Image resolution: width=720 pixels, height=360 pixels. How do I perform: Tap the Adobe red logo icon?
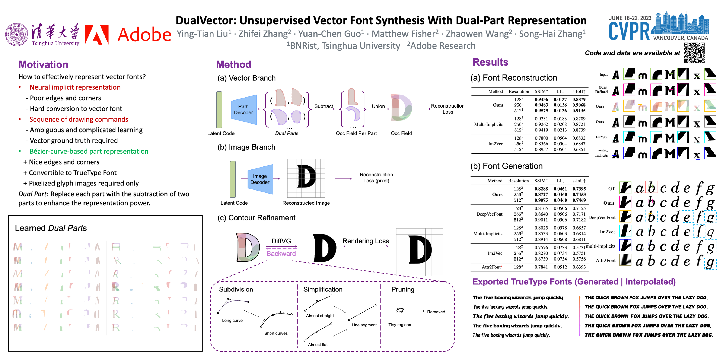pos(96,35)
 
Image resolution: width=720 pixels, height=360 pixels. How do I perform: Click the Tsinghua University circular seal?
pos(17,35)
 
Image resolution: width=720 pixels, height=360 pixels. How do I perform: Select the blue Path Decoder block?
pos(243,109)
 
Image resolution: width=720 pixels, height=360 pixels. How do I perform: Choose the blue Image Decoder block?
pos(260,179)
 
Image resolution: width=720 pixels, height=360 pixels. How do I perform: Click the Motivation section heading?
pos(43,65)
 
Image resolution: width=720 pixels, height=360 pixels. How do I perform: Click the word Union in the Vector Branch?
pos(378,106)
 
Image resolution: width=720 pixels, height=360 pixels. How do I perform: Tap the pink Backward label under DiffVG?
pos(281,254)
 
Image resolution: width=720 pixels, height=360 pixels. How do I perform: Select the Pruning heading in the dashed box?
pos(402,289)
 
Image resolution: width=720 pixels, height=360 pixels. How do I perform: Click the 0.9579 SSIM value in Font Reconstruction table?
pos(541,111)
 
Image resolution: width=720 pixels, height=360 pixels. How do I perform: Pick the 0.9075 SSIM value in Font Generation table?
pos(541,200)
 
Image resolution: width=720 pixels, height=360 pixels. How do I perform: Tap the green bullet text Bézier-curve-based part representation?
pos(89,151)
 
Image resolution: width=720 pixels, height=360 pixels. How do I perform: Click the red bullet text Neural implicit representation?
pos(75,87)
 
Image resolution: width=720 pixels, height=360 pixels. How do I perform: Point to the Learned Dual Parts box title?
pos(51,228)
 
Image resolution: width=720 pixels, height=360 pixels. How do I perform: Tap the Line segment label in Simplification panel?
pos(364,325)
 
